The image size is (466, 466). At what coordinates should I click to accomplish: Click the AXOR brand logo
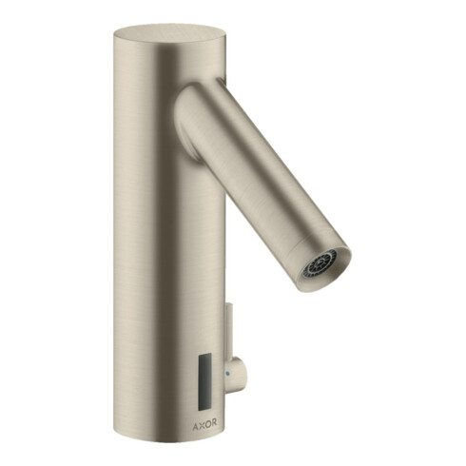coord(204,424)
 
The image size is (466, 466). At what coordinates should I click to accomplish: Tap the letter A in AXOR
coord(196,424)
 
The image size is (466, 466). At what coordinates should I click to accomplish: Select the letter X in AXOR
coord(202,424)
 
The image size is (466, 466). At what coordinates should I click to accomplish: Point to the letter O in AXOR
coord(207,424)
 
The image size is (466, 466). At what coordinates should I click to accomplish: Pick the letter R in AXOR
coord(214,424)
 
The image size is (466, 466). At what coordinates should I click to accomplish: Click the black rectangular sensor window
coord(204,382)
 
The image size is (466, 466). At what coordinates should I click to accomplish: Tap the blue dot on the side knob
coord(227,374)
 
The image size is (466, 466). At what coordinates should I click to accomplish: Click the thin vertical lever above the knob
coord(229,331)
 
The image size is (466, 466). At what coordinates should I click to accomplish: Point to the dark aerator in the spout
coord(320,262)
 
